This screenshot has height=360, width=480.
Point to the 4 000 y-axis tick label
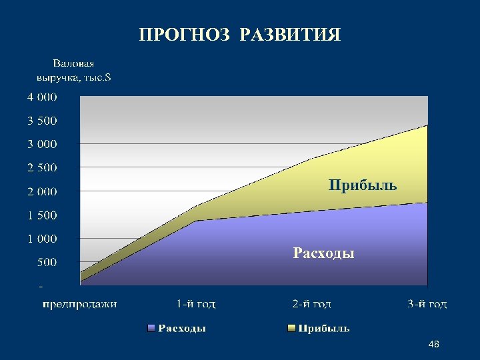42,97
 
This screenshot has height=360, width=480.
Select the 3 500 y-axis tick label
42,121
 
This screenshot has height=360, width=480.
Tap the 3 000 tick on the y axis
42,144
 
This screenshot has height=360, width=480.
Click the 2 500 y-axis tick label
42,167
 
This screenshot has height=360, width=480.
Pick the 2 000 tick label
42,191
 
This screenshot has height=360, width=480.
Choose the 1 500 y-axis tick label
42,215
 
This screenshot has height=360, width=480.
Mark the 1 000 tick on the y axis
42,238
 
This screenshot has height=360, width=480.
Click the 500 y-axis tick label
47,262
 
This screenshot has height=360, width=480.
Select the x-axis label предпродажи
80,304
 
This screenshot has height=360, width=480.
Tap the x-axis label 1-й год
196,304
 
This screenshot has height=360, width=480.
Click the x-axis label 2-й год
311,304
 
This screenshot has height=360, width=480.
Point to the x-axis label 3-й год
427,304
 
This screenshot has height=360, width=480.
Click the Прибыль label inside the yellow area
362,185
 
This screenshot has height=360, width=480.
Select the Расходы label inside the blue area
324,253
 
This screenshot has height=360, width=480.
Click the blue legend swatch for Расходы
151,328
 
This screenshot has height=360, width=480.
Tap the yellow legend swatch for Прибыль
291,328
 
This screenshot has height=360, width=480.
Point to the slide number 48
434,344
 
